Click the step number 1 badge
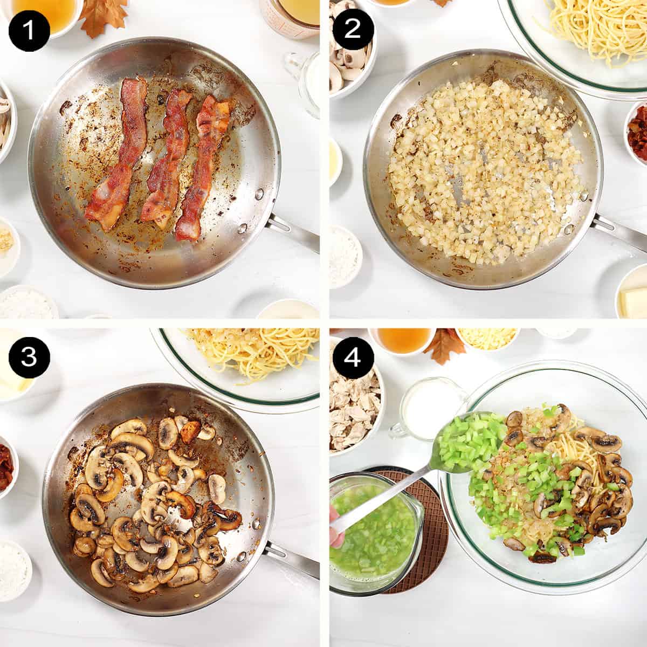click(29, 30)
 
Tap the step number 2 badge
click(352, 30)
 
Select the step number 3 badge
click(29, 358)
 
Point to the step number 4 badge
click(352, 358)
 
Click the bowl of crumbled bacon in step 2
click(637, 132)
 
